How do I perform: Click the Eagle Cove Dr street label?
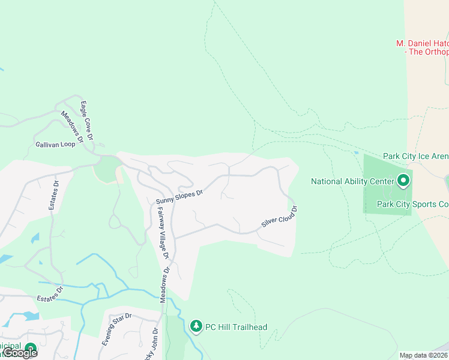(86, 121)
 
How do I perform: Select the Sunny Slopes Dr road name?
(180, 196)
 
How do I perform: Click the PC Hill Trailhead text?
(236, 327)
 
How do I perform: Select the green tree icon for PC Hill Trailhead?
(196, 326)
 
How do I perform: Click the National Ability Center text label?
(351, 181)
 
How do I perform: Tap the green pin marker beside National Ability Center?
(403, 180)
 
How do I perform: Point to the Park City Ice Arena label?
(416, 156)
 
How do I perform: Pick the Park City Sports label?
(412, 204)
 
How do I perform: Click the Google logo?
(20, 353)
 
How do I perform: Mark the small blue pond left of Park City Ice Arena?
(356, 152)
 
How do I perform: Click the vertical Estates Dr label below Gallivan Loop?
(52, 195)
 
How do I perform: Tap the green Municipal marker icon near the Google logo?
(29, 348)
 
